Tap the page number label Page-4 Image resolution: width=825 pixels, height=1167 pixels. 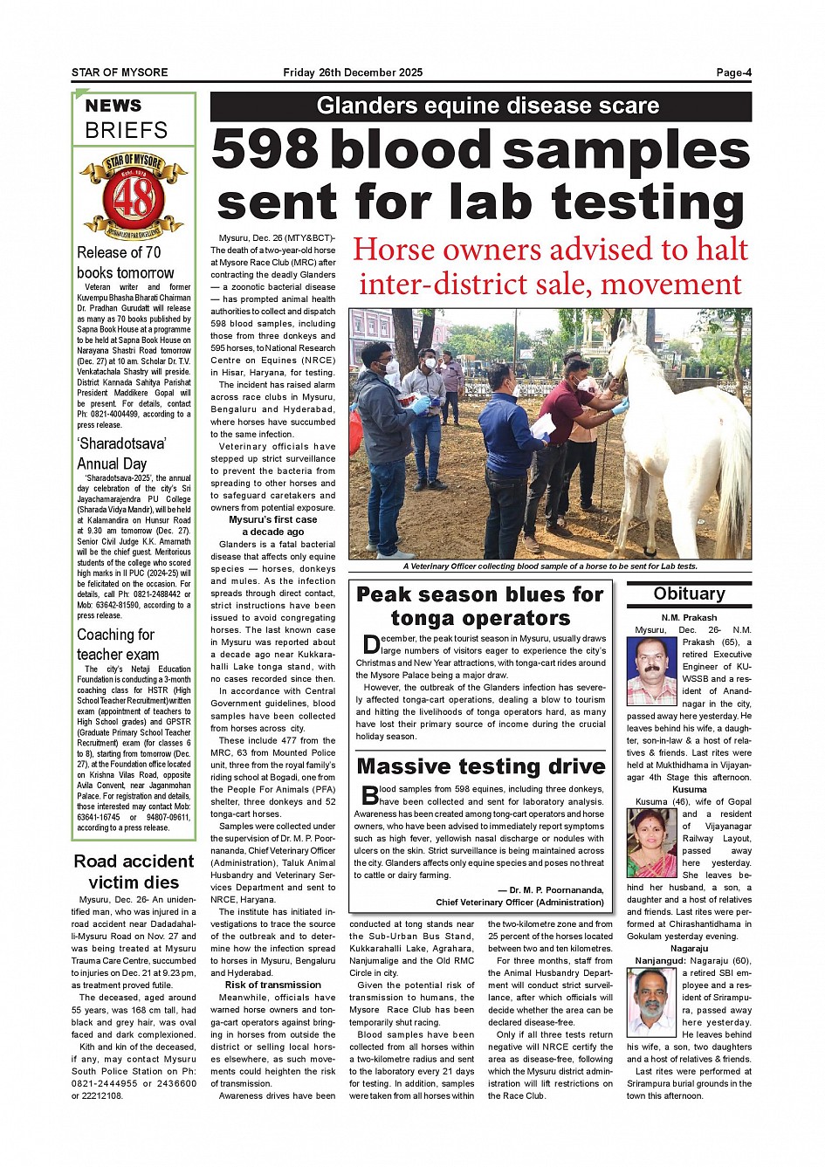[x=733, y=72]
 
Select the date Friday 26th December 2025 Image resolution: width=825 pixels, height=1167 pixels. [x=353, y=72]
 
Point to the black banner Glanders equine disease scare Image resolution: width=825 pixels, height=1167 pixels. [x=481, y=106]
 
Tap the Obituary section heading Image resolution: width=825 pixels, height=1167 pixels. [x=689, y=594]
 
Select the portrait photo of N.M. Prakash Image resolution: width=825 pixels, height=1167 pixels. [x=651, y=671]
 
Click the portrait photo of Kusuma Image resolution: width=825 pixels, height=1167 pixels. [x=651, y=842]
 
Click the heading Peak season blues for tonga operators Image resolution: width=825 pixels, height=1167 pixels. [x=480, y=607]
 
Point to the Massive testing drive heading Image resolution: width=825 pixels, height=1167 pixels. [x=481, y=766]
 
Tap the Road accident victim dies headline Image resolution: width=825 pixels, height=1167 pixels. [x=134, y=871]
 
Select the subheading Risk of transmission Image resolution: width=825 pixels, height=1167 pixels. [x=272, y=985]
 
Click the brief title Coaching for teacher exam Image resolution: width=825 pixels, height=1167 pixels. [x=118, y=644]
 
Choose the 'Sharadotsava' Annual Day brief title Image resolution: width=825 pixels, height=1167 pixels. [x=121, y=453]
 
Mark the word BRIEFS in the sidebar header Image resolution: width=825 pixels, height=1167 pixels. [x=127, y=131]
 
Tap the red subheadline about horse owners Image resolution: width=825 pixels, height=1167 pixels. [x=550, y=267]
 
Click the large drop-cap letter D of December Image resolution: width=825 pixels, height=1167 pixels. [x=370, y=645]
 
